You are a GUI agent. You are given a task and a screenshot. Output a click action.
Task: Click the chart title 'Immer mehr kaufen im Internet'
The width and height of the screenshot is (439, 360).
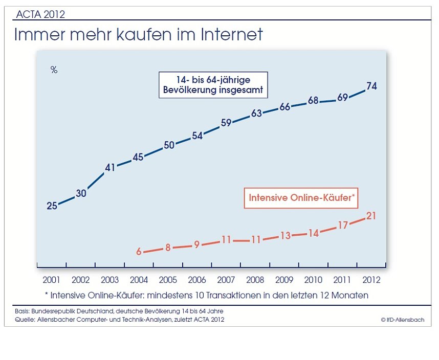click(138, 35)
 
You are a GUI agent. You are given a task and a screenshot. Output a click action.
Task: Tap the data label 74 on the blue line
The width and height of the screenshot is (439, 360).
click(372, 86)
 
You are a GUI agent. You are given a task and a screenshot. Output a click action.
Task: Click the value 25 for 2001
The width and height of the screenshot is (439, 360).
click(52, 206)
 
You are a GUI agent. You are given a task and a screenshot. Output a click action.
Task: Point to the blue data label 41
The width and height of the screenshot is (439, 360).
click(110, 167)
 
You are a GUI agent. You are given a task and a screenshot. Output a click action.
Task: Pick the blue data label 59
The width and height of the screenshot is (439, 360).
click(226, 123)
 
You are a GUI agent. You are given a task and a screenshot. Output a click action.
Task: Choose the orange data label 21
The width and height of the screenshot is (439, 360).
click(372, 216)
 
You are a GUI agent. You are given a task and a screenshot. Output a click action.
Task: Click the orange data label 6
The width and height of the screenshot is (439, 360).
click(139, 252)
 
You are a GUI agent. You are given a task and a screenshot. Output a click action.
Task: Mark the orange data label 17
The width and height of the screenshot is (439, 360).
click(343, 225)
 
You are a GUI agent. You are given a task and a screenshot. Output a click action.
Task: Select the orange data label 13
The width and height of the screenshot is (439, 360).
click(285, 236)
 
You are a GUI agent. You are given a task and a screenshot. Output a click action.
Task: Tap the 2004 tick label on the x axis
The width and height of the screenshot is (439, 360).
click(139, 280)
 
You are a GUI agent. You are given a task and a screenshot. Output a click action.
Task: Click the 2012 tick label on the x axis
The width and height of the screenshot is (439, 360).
click(372, 280)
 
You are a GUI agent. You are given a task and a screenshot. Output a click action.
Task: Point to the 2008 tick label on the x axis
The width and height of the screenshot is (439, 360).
click(255, 280)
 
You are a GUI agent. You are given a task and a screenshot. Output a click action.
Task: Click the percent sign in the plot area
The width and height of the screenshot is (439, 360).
click(54, 71)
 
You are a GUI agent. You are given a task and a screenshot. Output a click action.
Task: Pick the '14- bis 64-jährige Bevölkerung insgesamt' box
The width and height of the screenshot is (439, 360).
click(213, 85)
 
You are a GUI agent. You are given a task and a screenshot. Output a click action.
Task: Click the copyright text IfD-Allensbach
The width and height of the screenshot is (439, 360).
click(402, 320)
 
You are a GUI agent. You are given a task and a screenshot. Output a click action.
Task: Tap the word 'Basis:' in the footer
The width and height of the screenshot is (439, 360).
click(22, 311)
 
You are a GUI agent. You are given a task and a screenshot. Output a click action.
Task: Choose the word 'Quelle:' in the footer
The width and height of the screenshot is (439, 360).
click(24, 320)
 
